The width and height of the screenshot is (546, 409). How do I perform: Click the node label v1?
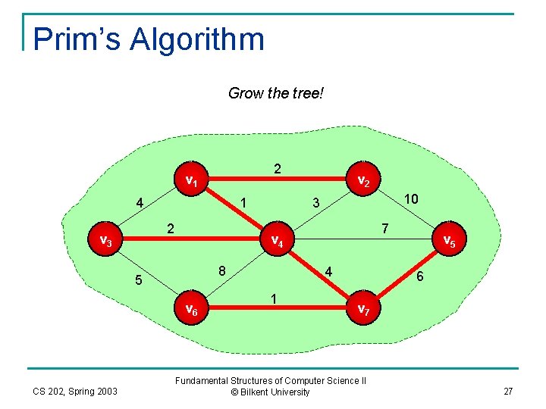tap(193, 181)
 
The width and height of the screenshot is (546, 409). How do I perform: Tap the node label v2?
tap(363, 181)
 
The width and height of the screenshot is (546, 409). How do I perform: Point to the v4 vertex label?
tap(278, 242)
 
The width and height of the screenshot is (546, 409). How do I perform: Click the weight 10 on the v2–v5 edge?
tap(412, 198)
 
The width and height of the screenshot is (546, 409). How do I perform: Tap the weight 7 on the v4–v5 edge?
tap(385, 228)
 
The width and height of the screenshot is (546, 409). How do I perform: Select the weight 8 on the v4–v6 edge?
tap(222, 271)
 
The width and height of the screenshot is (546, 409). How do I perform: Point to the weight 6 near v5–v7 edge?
tap(419, 278)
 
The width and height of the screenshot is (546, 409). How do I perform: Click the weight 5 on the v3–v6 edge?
tap(139, 281)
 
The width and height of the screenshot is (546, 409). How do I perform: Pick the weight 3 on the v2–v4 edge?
tap(317, 203)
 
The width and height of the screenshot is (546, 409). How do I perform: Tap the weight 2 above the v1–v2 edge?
tap(278, 169)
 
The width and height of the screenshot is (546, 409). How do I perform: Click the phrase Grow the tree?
tap(276, 94)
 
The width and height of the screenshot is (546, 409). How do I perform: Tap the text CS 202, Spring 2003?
tap(75, 391)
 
